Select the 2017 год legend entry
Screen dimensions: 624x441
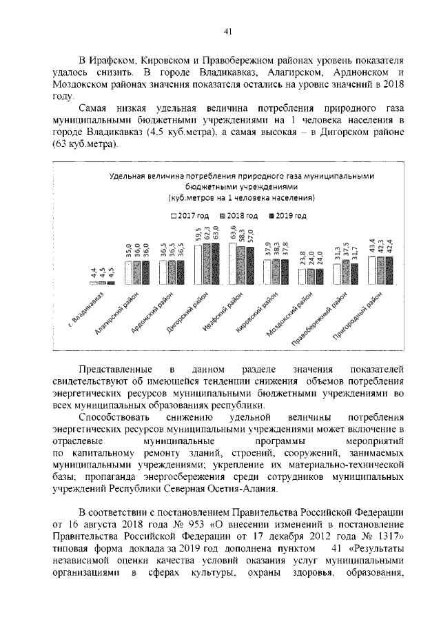pyautogui.click(x=188, y=216)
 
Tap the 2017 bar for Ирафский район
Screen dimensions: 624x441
pyautogui.click(x=234, y=263)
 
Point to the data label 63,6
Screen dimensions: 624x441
pyautogui.click(x=234, y=232)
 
